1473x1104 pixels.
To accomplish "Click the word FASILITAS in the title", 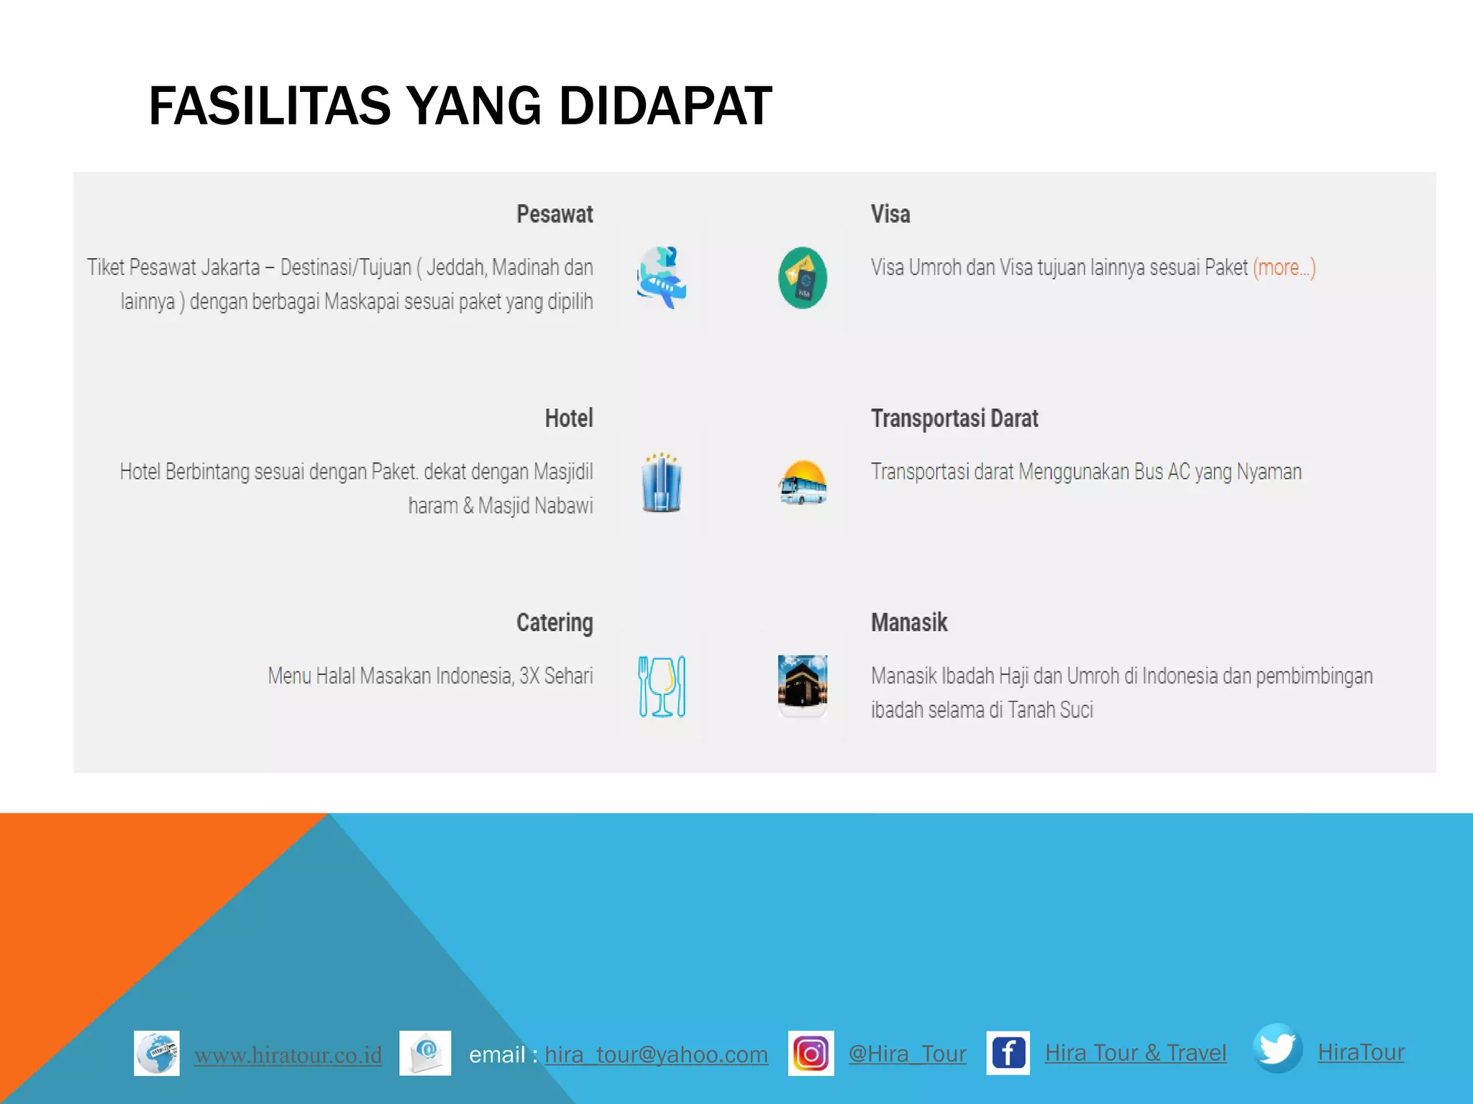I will click(269, 106).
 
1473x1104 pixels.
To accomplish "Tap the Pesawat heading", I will click(555, 214).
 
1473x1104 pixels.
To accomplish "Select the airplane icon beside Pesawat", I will click(662, 277).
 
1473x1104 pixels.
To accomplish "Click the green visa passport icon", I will click(803, 277).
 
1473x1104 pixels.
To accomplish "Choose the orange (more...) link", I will click(1284, 267).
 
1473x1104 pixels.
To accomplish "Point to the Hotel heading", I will click(568, 418).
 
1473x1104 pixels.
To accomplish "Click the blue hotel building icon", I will click(662, 482).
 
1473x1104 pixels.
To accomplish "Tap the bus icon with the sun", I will click(803, 482).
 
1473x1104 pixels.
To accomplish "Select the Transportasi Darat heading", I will click(954, 418).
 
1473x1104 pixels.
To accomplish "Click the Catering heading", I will click(555, 622).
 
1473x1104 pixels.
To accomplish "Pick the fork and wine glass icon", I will click(662, 686).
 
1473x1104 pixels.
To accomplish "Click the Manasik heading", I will click(909, 622).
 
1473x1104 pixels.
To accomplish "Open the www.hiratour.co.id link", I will click(288, 1055).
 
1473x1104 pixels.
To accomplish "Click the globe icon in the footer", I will click(157, 1054).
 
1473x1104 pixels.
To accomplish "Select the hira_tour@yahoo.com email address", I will click(656, 1054).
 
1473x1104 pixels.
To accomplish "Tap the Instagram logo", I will click(811, 1054).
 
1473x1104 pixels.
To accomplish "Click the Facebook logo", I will click(1008, 1054).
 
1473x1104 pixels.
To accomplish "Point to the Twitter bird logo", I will click(1277, 1049).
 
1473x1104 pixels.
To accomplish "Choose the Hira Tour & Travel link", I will click(1135, 1053).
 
